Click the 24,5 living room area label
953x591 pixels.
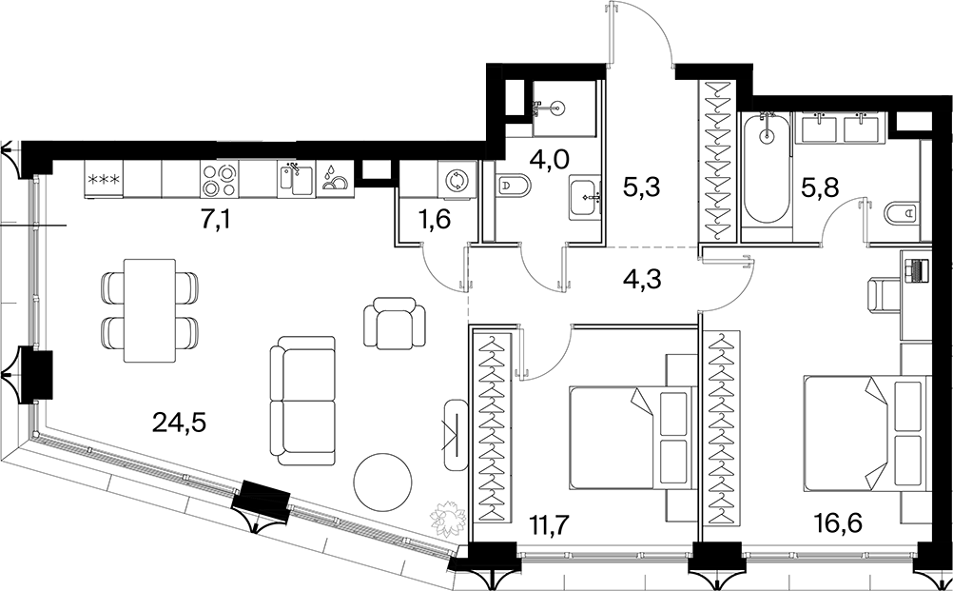pos(180,424)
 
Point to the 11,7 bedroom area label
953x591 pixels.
pos(546,523)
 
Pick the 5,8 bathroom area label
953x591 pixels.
pos(819,189)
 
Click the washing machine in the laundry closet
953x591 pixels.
pos(457,180)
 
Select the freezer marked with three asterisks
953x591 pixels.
pos(104,179)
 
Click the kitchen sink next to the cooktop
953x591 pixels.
pos(296,179)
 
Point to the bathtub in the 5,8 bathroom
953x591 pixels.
pos(767,168)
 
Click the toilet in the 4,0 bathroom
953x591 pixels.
pos(513,187)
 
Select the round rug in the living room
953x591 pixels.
pos(381,481)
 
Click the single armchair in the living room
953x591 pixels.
pos(395,323)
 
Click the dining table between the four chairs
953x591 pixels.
pos(149,310)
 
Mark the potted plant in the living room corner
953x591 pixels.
pos(448,518)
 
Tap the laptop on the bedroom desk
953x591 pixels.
pos(917,270)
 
